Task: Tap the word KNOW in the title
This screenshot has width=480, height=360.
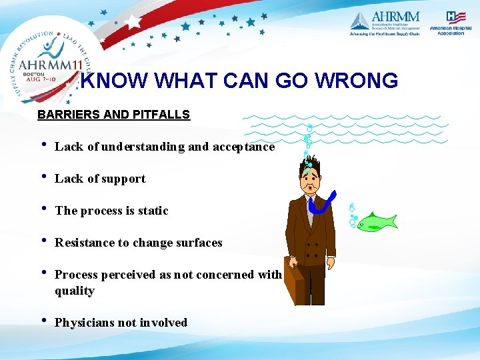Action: tap(117, 81)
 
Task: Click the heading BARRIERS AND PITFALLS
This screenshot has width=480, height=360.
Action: tap(113, 115)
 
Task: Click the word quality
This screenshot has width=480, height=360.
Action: tap(75, 291)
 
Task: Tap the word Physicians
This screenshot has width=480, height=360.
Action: tap(85, 323)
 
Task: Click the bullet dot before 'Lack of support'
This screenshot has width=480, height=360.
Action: tap(43, 177)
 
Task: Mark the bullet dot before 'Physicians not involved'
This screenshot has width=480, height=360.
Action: tap(43, 321)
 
